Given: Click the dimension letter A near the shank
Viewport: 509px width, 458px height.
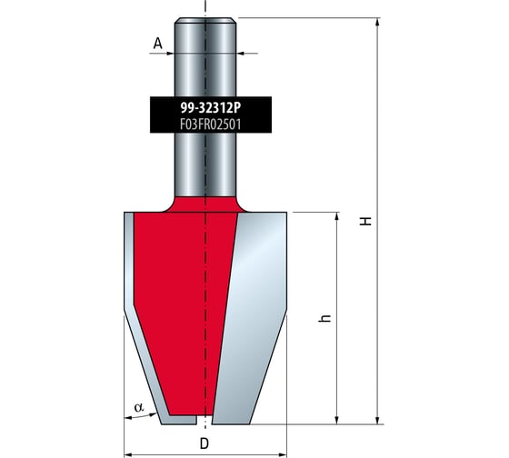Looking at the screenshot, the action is click(158, 44).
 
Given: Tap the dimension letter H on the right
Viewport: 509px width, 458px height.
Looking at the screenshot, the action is click(366, 222).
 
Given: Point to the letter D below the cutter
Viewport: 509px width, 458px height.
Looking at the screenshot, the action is click(205, 443).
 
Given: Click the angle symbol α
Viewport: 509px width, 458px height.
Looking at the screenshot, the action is click(139, 407).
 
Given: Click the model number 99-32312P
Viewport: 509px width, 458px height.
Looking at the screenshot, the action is click(211, 108).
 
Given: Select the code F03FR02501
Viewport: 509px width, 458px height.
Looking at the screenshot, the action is click(211, 124).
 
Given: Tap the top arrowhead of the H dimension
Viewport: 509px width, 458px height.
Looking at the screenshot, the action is click(377, 22).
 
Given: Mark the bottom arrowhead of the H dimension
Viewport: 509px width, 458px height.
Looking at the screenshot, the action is click(377, 420).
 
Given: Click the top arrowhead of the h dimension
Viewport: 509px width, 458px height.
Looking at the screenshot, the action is click(337, 217).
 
